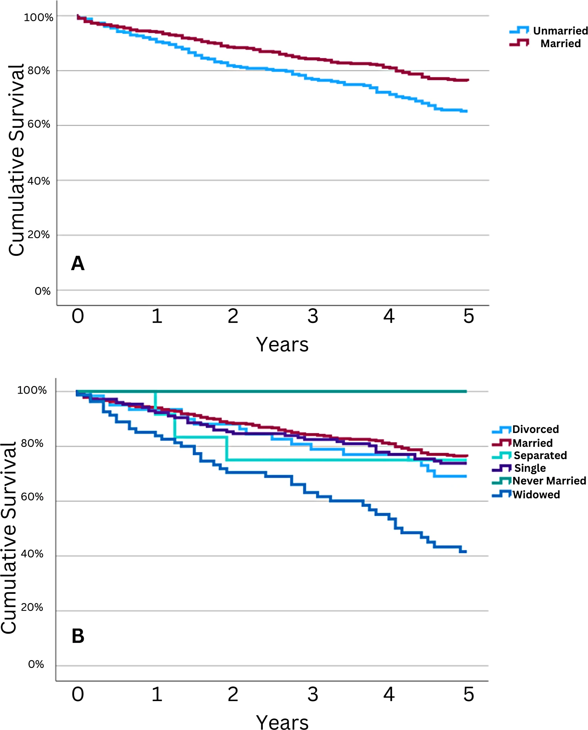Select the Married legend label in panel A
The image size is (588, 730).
pyautogui.click(x=561, y=43)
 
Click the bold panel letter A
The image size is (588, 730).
pyautogui.click(x=78, y=264)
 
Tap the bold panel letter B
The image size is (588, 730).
pyautogui.click(x=78, y=636)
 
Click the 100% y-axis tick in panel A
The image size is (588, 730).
pyautogui.click(x=39, y=17)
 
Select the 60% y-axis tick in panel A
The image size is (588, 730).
pyautogui.click(x=39, y=124)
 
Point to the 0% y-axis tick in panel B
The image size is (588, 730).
pyautogui.click(x=36, y=664)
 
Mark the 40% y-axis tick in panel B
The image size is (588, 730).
pyautogui.click(x=32, y=554)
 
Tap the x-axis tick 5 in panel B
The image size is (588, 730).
pyautogui.click(x=468, y=695)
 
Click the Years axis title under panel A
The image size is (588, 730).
pyautogui.click(x=282, y=344)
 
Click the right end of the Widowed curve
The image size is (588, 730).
pyautogui.click(x=466, y=552)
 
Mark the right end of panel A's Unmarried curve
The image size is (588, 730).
pyautogui.click(x=467, y=111)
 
